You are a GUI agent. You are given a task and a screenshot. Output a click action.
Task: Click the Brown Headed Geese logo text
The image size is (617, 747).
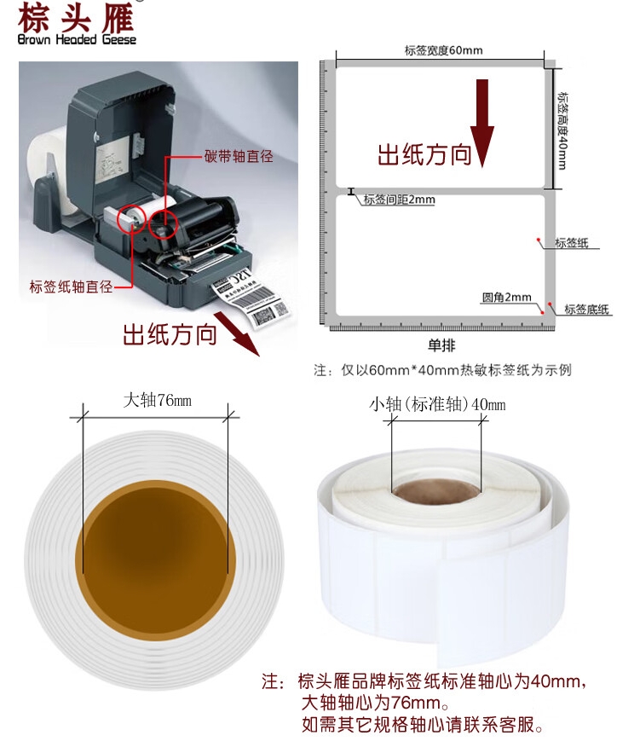pyautogui.click(x=77, y=39)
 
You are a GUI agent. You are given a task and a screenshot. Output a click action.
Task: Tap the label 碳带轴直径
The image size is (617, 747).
pyautogui.click(x=238, y=156)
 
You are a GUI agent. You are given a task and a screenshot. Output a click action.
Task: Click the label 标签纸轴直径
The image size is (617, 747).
pyautogui.click(x=71, y=287)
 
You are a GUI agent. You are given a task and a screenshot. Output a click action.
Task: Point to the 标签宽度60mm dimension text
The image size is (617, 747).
pyautogui.click(x=443, y=50)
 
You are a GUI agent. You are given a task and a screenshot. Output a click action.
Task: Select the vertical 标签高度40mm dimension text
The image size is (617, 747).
pyautogui.click(x=562, y=130)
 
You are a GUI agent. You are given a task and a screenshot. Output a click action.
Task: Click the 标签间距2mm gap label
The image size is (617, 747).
pyautogui.click(x=399, y=200)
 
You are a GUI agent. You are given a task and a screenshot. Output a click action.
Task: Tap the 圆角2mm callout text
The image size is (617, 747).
pyautogui.click(x=506, y=298)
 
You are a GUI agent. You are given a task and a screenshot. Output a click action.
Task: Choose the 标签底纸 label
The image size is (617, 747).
pyautogui.click(x=586, y=310)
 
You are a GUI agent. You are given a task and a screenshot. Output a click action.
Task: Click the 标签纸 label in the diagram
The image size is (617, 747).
pyautogui.click(x=571, y=242)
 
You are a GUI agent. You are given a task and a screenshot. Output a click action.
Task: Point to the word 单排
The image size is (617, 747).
pyautogui.click(x=441, y=345)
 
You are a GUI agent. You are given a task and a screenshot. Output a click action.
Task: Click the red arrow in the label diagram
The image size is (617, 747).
pyautogui.click(x=482, y=123)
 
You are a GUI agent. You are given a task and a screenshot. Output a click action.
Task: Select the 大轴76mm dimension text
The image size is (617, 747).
pyautogui.click(x=157, y=400)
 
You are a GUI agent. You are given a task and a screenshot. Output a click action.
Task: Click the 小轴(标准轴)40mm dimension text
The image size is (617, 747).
pyautogui.click(x=436, y=404)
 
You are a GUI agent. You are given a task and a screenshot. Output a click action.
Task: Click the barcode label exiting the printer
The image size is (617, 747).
pyautogui.click(x=251, y=300)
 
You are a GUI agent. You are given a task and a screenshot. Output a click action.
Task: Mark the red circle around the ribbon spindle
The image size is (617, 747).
pyautogui.click(x=163, y=225)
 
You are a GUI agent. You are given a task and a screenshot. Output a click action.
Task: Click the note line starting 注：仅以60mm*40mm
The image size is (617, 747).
pyautogui.click(x=442, y=370)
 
